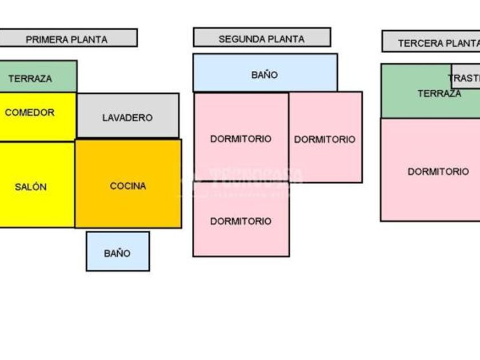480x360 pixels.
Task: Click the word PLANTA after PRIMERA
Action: (x=89, y=39)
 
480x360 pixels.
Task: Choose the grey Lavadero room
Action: (x=127, y=116)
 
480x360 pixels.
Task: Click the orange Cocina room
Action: (x=128, y=183)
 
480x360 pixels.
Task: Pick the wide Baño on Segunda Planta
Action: (x=265, y=73)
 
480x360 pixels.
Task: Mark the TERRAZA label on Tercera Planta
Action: (x=439, y=94)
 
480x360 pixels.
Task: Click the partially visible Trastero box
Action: (x=466, y=77)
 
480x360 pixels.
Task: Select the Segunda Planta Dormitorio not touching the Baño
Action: (x=241, y=221)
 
